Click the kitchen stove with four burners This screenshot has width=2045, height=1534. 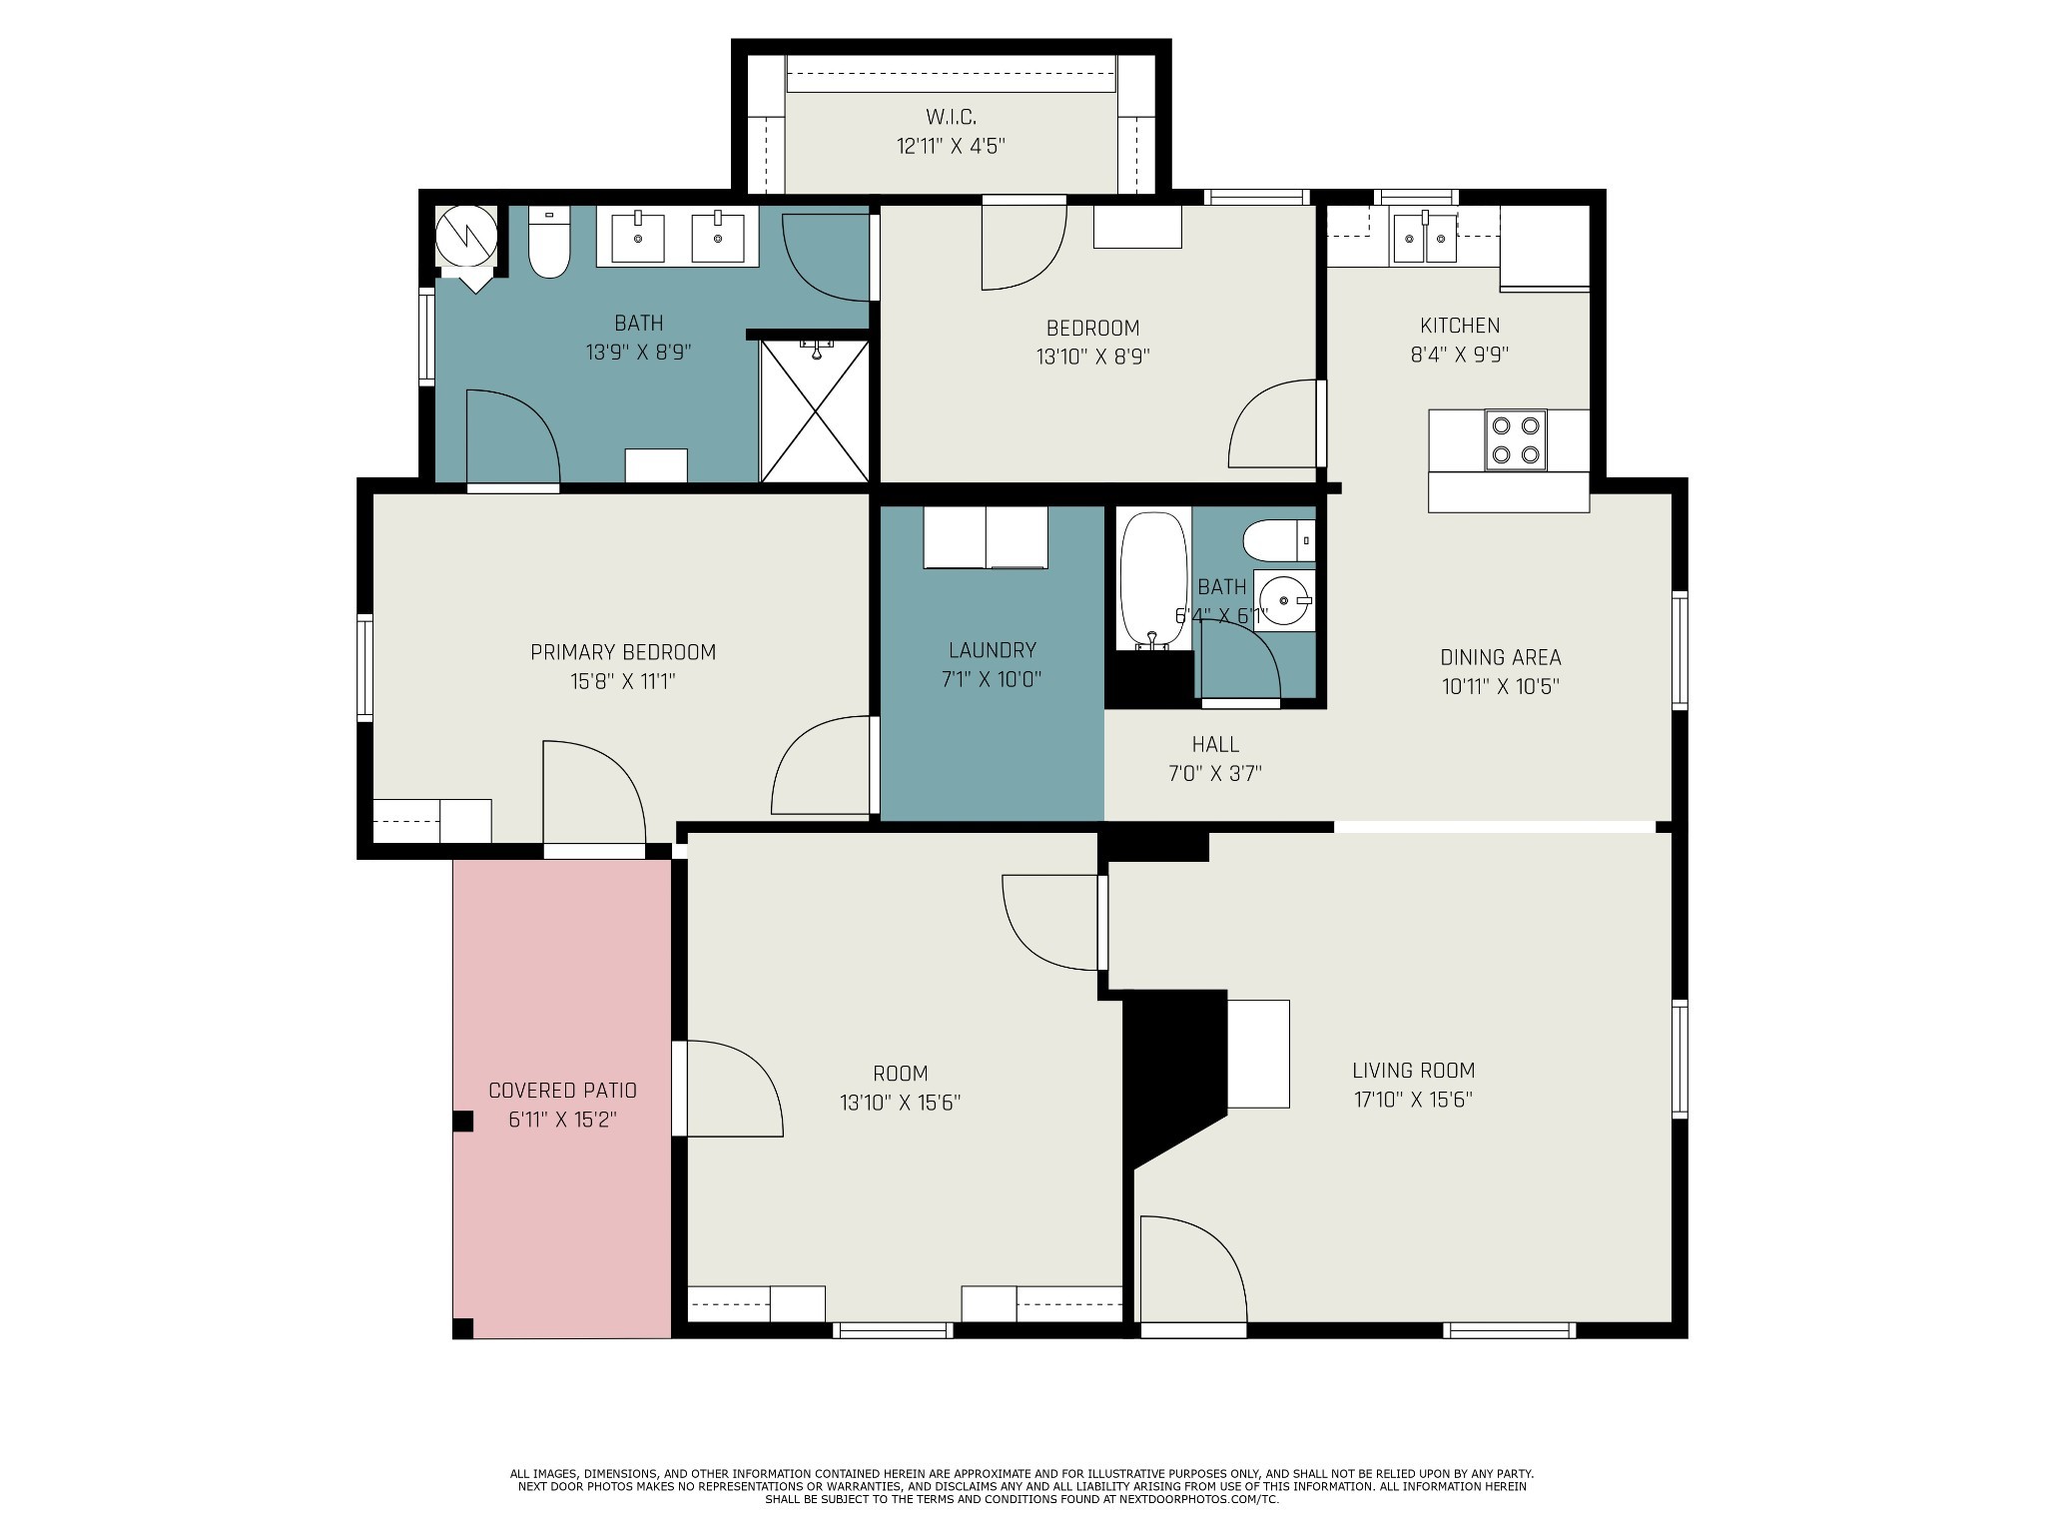(1515, 439)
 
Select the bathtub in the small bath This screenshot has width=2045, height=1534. (1153, 579)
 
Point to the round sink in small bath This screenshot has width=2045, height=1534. (1284, 600)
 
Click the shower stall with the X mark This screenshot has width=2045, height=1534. (815, 411)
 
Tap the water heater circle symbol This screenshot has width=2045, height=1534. (466, 236)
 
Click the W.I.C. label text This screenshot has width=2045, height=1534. (951, 117)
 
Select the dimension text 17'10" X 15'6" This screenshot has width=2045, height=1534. (1413, 1100)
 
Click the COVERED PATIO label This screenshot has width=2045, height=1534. (562, 1091)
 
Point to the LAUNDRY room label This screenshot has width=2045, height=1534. (992, 650)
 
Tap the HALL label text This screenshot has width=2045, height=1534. (1215, 744)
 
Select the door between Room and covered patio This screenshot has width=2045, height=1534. (729, 1089)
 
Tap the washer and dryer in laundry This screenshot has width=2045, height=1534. (985, 537)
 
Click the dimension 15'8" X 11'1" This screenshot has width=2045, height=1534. (623, 682)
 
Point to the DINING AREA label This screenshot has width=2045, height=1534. (1500, 657)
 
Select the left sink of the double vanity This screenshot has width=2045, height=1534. (637, 238)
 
